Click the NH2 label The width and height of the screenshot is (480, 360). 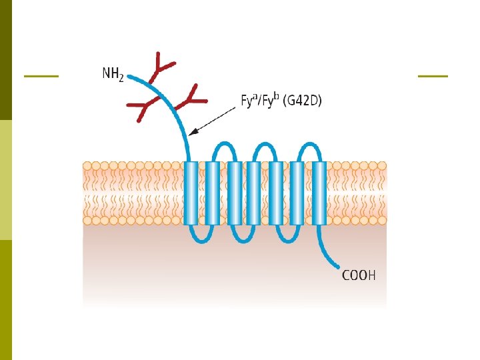pyautogui.click(x=112, y=73)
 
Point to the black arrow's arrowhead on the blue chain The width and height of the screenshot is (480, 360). pyautogui.click(x=192, y=133)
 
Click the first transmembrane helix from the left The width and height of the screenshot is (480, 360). pyautogui.click(x=191, y=193)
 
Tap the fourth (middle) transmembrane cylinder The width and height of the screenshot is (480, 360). pyautogui.click(x=253, y=193)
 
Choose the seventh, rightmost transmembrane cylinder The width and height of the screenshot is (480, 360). pyautogui.click(x=319, y=193)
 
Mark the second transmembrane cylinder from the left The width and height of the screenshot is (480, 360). pyautogui.click(x=212, y=193)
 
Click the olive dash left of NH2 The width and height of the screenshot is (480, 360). pyautogui.click(x=41, y=76)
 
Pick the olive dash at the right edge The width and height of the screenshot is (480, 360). pyautogui.click(x=433, y=76)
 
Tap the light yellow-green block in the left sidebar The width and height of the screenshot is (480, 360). pyautogui.click(x=6, y=179)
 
